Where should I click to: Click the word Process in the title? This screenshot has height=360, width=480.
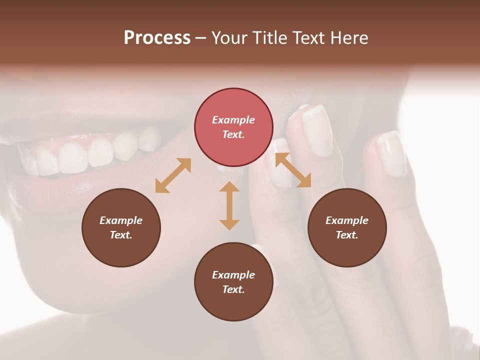coord(157,38)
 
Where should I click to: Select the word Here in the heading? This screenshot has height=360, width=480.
coord(349,38)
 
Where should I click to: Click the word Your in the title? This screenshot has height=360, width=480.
coord(230,38)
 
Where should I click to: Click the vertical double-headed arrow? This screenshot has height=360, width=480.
coord(229,205)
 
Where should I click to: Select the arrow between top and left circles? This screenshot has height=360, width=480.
coord(173,175)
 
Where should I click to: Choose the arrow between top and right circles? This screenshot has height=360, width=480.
coord(293,170)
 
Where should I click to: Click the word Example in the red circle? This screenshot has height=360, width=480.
coord(233,120)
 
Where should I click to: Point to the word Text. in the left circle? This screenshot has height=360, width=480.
coord(121,235)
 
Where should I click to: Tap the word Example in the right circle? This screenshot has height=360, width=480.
coord(347,220)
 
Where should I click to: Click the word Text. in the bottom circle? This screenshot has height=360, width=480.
coord(233,289)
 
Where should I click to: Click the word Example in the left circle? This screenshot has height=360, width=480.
coord(121,220)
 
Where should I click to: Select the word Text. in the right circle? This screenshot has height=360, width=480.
coord(347,235)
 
